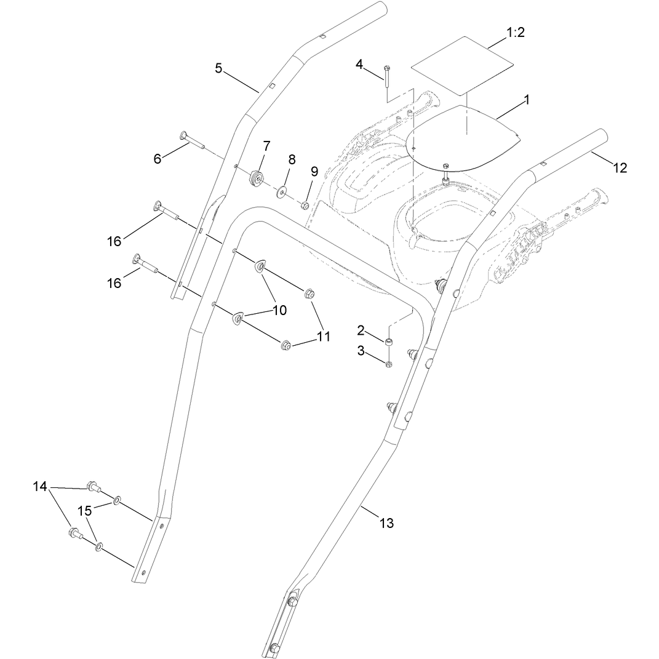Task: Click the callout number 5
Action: tap(218, 68)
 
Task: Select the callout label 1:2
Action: tap(515, 33)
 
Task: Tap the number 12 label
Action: tap(620, 168)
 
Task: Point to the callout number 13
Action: tap(386, 523)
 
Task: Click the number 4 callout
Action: tap(359, 65)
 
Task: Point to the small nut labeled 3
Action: tap(389, 364)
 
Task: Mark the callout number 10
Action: tap(279, 310)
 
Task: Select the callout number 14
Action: tap(41, 487)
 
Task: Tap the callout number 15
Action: tap(84, 511)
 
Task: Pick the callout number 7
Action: tap(267, 146)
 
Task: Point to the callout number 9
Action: tap(314, 172)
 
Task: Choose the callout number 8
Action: tap(292, 159)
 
